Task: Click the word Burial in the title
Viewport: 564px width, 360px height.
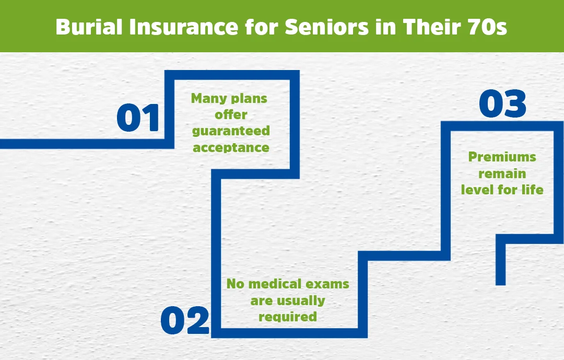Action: point(84,27)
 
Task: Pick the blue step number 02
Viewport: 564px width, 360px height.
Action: point(185,320)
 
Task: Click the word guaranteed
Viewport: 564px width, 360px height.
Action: point(230,131)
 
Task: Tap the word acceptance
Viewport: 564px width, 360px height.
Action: point(231,147)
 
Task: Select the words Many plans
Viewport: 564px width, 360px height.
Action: point(229,98)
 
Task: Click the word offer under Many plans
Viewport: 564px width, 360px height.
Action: point(230,114)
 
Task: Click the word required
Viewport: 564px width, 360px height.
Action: point(287,317)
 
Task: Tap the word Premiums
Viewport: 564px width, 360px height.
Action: point(502,157)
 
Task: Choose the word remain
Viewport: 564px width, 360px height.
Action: point(502,173)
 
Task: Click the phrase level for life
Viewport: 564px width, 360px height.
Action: point(502,189)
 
